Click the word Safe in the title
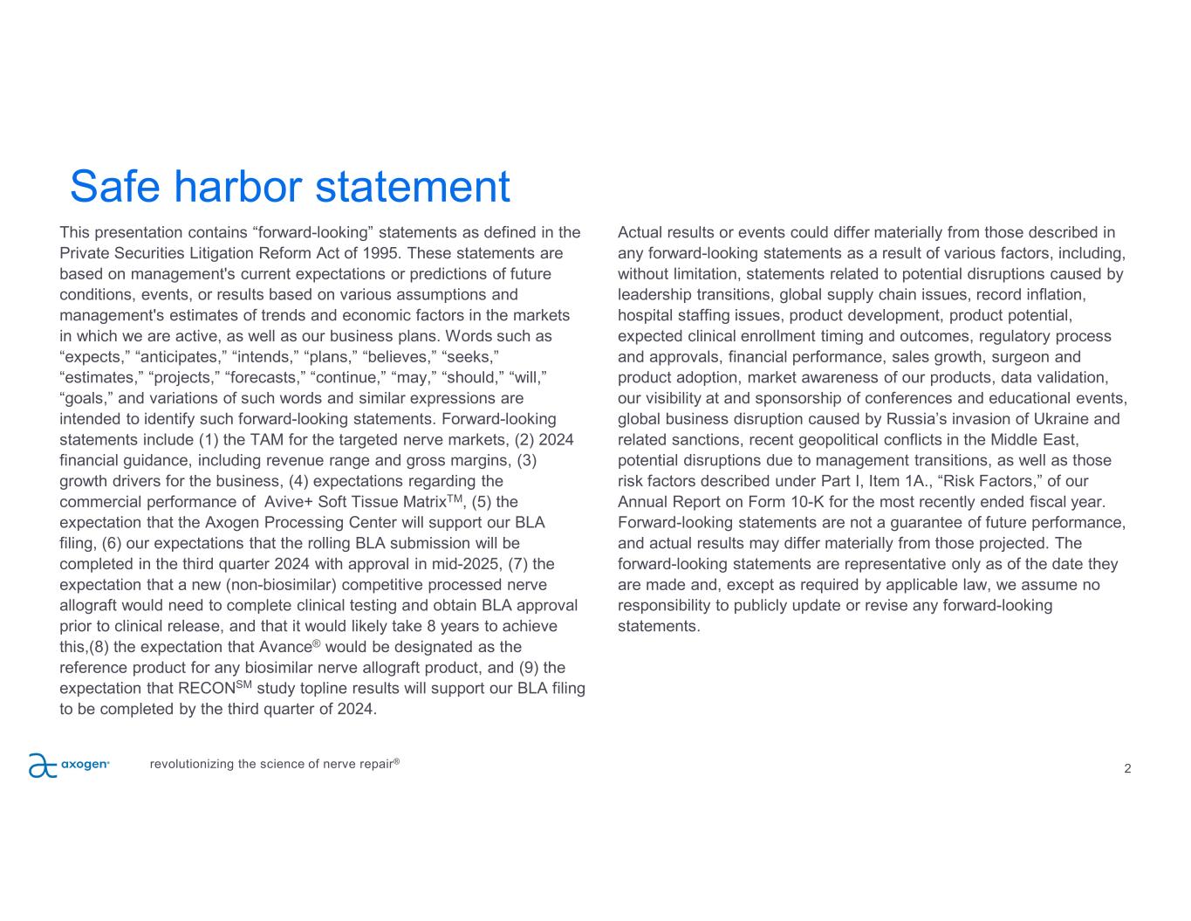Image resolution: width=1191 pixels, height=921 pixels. (x=115, y=186)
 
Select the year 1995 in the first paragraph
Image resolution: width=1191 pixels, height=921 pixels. (x=380, y=253)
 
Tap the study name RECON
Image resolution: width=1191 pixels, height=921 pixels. (x=206, y=689)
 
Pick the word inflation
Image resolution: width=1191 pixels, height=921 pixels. (x=1054, y=295)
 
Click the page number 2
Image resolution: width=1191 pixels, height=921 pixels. (x=1127, y=769)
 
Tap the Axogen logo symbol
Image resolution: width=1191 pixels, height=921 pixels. (x=42, y=766)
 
